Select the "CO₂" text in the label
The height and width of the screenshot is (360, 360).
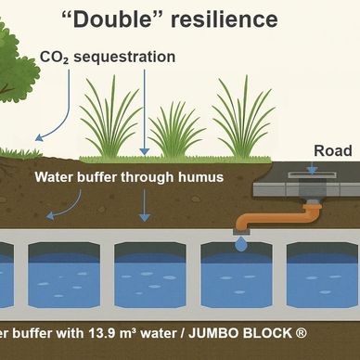pos(54,58)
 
